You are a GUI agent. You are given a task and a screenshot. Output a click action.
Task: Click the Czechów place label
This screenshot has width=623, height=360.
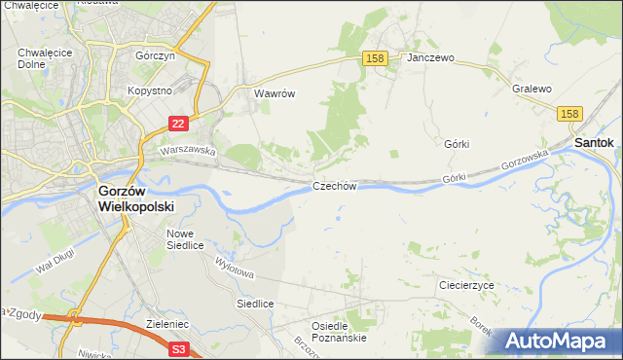pyautogui.click(x=336, y=185)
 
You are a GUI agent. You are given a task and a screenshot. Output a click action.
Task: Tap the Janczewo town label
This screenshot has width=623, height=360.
pyautogui.click(x=431, y=58)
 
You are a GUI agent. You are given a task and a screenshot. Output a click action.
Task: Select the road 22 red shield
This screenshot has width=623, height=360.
pyautogui.click(x=177, y=124)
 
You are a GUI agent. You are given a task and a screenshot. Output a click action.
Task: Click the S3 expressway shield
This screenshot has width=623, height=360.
pyautogui.click(x=178, y=347)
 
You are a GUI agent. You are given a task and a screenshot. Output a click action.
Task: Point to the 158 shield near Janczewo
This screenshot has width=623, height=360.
pyautogui.click(x=377, y=58)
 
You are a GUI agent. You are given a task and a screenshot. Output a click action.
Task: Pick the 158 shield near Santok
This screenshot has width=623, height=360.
pyautogui.click(x=571, y=115)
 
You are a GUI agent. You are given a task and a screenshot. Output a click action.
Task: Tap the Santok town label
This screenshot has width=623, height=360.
pyautogui.click(x=594, y=142)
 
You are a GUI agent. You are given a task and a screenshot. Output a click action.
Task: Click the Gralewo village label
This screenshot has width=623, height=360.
pyautogui.click(x=531, y=89)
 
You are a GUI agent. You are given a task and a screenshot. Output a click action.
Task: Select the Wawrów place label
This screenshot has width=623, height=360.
pyautogui.click(x=274, y=94)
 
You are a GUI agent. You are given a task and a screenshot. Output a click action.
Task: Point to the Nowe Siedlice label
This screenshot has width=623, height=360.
pyautogui.click(x=185, y=239)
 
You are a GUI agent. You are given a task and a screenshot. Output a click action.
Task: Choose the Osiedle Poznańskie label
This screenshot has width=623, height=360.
pyautogui.click(x=338, y=332)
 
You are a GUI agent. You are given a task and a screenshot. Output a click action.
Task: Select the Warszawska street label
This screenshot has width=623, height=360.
pyautogui.click(x=188, y=151)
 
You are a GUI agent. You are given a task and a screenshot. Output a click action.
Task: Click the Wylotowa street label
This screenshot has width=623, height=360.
pyautogui.click(x=235, y=267)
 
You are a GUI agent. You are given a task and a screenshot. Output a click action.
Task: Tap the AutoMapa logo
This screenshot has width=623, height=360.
pyautogui.click(x=559, y=341)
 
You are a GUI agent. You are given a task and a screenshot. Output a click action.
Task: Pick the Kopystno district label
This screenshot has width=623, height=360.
pyautogui.click(x=150, y=90)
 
